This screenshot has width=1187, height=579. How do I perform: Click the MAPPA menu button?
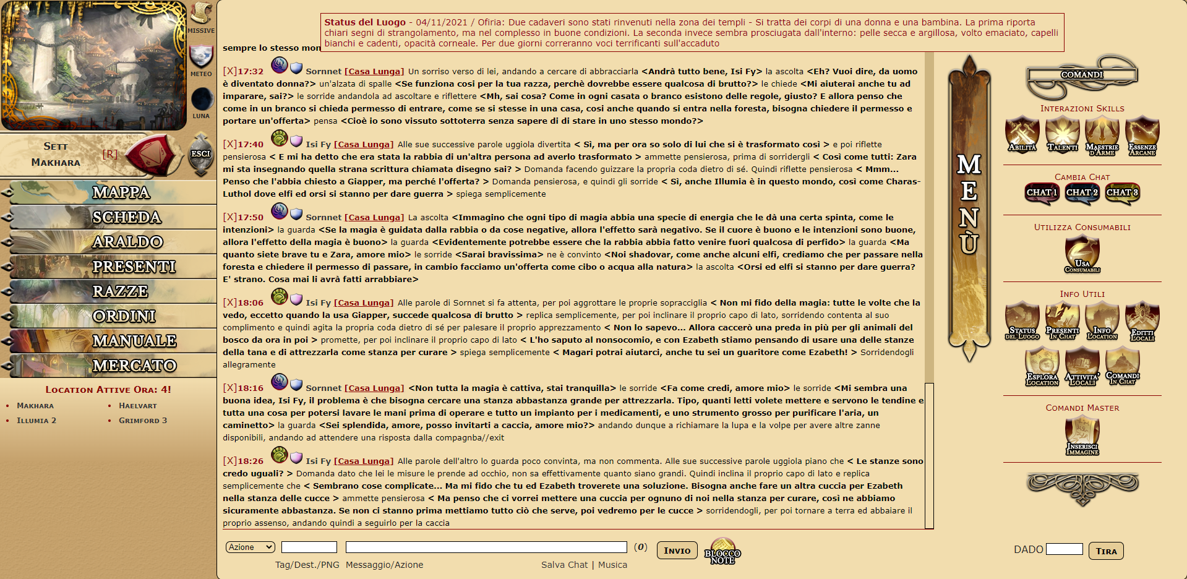click(121, 192)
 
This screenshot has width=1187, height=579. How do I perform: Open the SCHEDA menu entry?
click(126, 217)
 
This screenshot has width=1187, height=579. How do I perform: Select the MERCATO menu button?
click(134, 366)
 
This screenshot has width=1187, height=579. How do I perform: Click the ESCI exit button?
click(200, 155)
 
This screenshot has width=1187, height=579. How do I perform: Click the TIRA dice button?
click(1106, 551)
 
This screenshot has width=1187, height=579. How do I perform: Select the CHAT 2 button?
click(1082, 193)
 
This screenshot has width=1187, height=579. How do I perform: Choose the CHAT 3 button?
click(1122, 193)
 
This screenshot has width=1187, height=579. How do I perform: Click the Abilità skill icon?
click(1022, 134)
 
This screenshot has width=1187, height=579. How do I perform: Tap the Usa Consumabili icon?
click(1082, 254)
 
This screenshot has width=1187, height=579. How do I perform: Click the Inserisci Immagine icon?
click(1082, 436)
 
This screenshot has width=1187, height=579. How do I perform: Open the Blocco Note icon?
click(722, 551)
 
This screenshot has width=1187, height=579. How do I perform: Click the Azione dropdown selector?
click(251, 547)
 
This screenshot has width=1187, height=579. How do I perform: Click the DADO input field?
click(1064, 549)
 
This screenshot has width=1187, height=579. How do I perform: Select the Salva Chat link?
click(564, 565)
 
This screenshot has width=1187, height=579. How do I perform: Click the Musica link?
click(612, 565)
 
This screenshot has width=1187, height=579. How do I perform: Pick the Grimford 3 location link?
click(143, 421)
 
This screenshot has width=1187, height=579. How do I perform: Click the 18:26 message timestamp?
click(251, 461)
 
